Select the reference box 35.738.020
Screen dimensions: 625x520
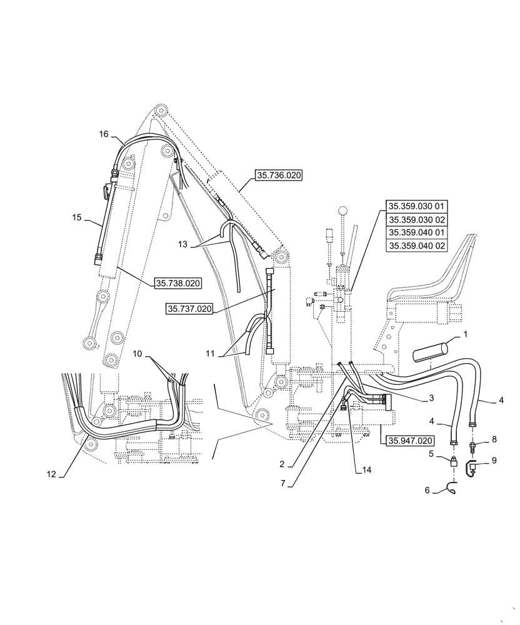pyautogui.click(x=177, y=284)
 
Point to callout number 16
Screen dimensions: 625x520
pyautogui.click(x=104, y=134)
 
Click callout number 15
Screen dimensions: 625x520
pyautogui.click(x=77, y=217)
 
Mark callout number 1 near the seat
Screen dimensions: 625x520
pyautogui.click(x=464, y=336)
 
